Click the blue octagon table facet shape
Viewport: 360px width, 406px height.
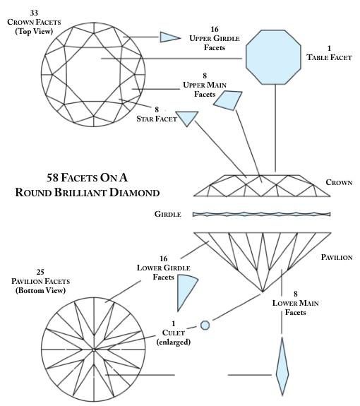[x=273, y=57]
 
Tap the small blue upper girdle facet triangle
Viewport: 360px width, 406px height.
[x=168, y=37]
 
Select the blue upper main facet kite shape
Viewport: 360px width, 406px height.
[x=229, y=100]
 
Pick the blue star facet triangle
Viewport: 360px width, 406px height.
[x=187, y=118]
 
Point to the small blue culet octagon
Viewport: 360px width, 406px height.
[x=205, y=326]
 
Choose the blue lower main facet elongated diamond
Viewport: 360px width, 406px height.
[x=282, y=366]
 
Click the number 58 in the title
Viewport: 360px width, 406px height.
[x=52, y=178]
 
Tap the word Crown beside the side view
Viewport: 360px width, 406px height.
[x=339, y=182]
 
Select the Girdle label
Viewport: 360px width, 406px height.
[x=168, y=214]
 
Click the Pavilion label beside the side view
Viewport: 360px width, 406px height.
[x=337, y=257]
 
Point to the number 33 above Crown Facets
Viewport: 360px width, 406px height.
[x=34, y=13]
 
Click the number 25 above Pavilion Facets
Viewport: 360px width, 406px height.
[x=40, y=272]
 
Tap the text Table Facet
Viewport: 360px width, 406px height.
[x=329, y=57]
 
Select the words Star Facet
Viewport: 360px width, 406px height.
[x=157, y=119]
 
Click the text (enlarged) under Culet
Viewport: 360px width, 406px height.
[x=174, y=342]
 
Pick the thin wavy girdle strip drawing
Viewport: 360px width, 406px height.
[x=261, y=214]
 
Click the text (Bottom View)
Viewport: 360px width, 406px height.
[x=40, y=290]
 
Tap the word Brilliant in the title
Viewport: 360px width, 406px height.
[x=80, y=193]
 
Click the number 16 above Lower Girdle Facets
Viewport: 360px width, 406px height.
[x=163, y=258]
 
